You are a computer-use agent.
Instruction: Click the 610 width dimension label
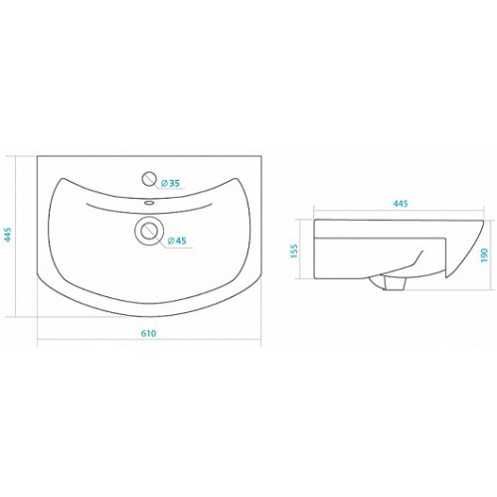148,333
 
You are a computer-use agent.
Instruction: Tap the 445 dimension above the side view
401,203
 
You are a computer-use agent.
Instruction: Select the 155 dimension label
294,250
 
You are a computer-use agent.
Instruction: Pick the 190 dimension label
484,254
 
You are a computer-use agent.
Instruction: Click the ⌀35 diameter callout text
170,183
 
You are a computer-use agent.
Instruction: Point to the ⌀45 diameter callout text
177,241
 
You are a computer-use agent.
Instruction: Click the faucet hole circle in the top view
149,179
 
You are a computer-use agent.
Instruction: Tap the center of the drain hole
149,231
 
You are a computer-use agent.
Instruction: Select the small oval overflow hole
150,202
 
